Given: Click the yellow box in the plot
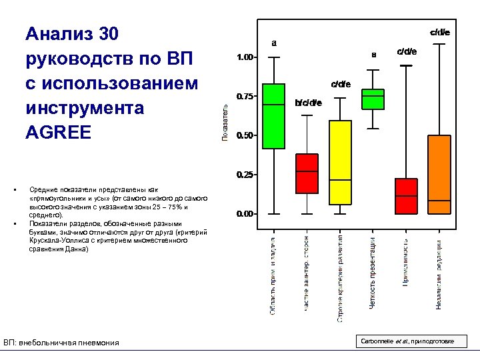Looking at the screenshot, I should coord(340,162).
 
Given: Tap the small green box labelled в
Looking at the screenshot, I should coord(373,99).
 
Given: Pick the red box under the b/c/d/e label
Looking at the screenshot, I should coord(307,173).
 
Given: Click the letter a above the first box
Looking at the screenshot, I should coord(274,43).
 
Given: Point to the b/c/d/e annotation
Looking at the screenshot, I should coord(308,103).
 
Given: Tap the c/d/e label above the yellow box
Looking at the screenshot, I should coord(341,84).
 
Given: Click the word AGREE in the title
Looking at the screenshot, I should coord(57,131).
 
